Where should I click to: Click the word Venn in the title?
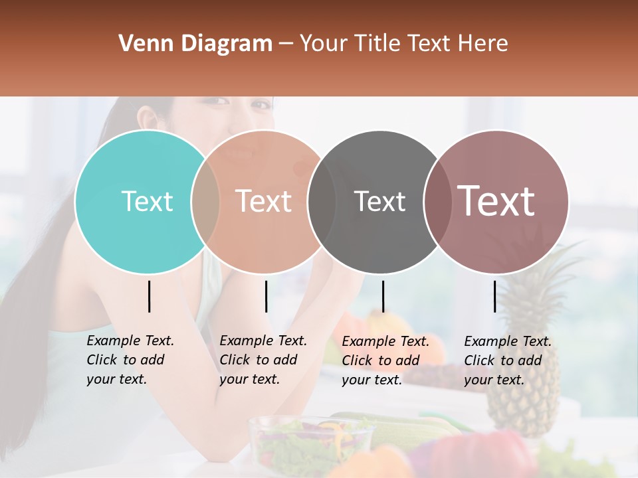(x=142, y=44)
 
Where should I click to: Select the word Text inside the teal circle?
(x=147, y=201)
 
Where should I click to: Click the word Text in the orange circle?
(x=264, y=201)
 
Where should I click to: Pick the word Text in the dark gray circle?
(x=379, y=201)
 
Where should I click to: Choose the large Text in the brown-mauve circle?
(x=496, y=201)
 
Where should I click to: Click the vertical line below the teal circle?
(x=149, y=296)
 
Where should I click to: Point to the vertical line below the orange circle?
(x=266, y=296)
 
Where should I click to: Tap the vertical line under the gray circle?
(x=383, y=296)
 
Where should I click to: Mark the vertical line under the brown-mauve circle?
(x=494, y=296)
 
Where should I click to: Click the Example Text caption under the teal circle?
(x=130, y=360)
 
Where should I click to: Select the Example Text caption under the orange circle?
(x=263, y=360)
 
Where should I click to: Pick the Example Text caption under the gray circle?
(x=385, y=360)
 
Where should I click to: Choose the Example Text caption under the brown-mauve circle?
(x=508, y=360)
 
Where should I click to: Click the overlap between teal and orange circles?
(x=205, y=201)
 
